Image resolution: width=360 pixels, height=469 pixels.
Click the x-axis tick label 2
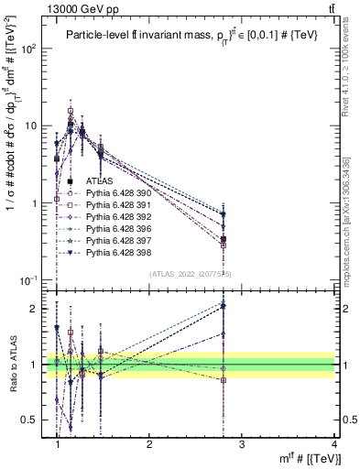click(149, 444)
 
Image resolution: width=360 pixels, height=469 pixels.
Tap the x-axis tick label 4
click(333, 444)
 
